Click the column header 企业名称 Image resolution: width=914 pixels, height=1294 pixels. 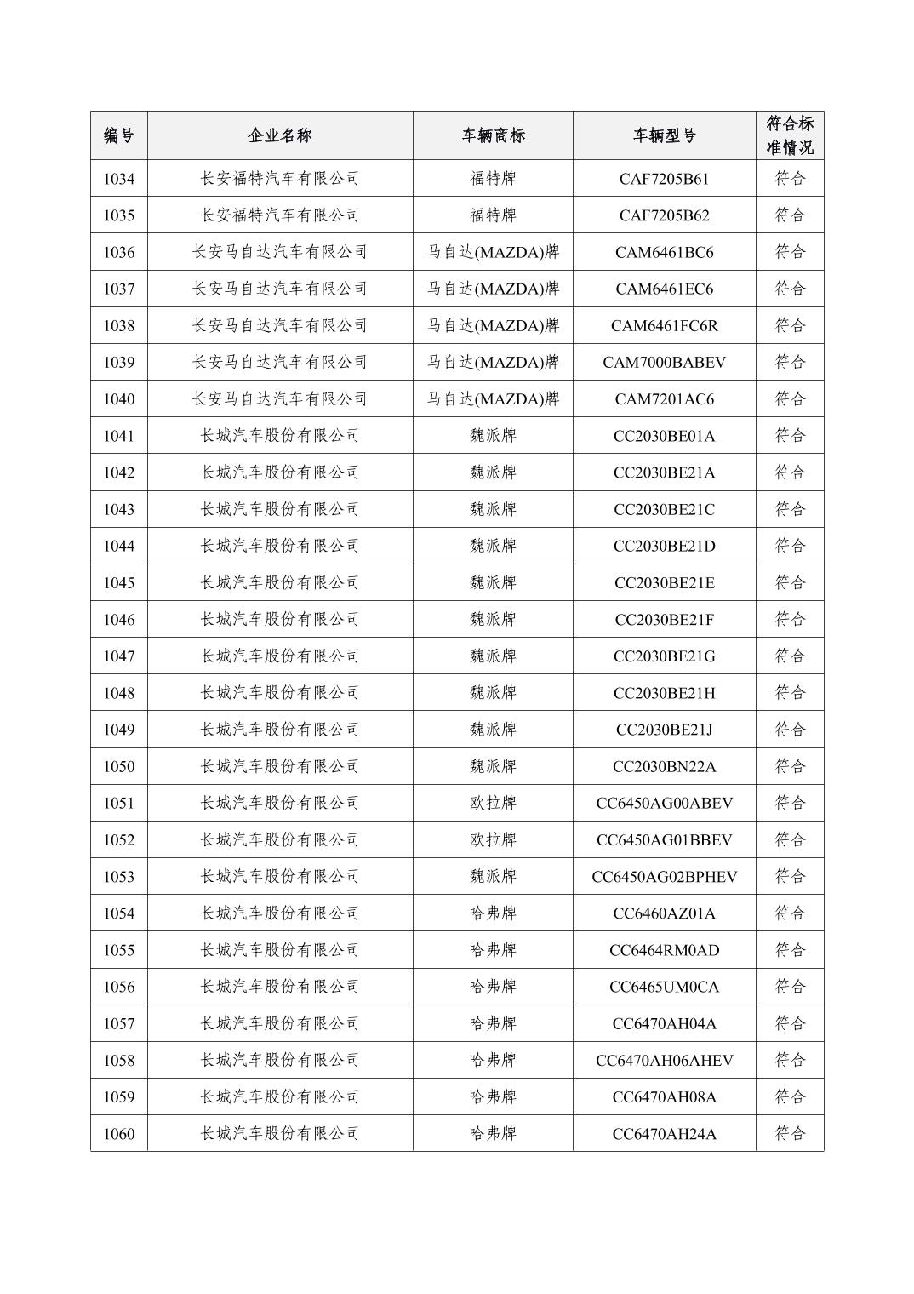point(280,135)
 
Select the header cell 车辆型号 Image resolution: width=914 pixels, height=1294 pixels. point(664,135)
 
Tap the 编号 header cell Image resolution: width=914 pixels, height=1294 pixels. point(119,135)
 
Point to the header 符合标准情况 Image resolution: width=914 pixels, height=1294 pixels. point(790,135)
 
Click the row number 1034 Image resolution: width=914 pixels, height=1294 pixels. point(119,179)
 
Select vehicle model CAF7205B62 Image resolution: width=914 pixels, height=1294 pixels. point(664,215)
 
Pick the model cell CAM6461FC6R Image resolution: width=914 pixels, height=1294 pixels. point(664,325)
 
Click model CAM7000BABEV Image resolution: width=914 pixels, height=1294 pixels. point(664,362)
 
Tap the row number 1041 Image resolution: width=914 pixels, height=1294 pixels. point(119,436)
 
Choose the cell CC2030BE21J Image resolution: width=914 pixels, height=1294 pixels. point(664,730)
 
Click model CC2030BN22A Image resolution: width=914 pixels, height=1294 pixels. point(664,766)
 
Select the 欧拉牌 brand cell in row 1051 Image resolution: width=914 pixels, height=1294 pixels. point(493,803)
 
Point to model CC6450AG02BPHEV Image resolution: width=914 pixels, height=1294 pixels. point(664,877)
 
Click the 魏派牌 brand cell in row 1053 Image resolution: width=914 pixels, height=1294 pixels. point(493,877)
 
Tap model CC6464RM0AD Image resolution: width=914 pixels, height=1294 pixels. point(664,950)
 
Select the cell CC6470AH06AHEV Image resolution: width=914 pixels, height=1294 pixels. point(664,1060)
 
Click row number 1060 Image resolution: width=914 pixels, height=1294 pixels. point(119,1134)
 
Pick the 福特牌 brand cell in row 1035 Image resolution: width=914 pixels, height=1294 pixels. point(493,215)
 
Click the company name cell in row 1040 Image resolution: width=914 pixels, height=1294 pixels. point(280,398)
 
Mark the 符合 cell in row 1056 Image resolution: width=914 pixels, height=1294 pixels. point(790,987)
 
